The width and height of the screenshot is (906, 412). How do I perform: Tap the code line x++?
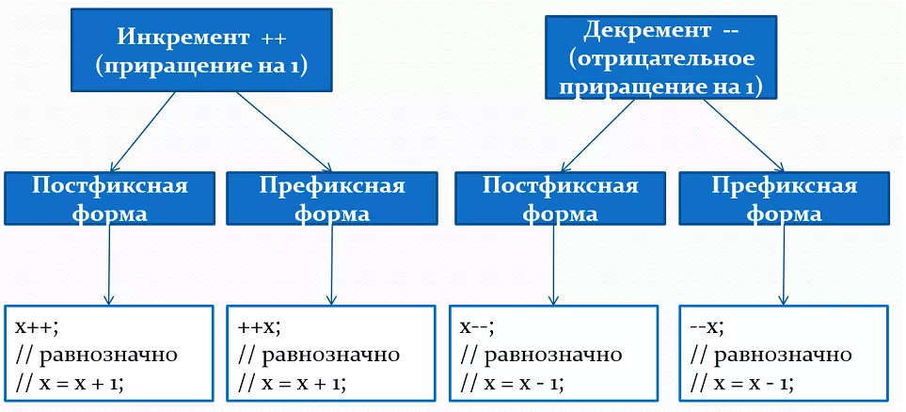(x=36, y=326)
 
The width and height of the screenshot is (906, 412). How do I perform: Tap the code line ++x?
(x=261, y=326)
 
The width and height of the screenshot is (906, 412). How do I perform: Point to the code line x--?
(x=477, y=326)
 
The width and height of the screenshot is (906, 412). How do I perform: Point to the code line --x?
(x=708, y=326)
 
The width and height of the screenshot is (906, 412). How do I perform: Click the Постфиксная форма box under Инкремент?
(x=110, y=198)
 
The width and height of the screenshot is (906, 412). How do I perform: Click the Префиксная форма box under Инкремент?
(x=332, y=198)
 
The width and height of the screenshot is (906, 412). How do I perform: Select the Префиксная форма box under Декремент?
(x=784, y=198)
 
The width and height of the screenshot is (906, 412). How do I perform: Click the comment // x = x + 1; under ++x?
(x=292, y=383)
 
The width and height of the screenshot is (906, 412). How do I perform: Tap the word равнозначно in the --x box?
(x=782, y=355)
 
